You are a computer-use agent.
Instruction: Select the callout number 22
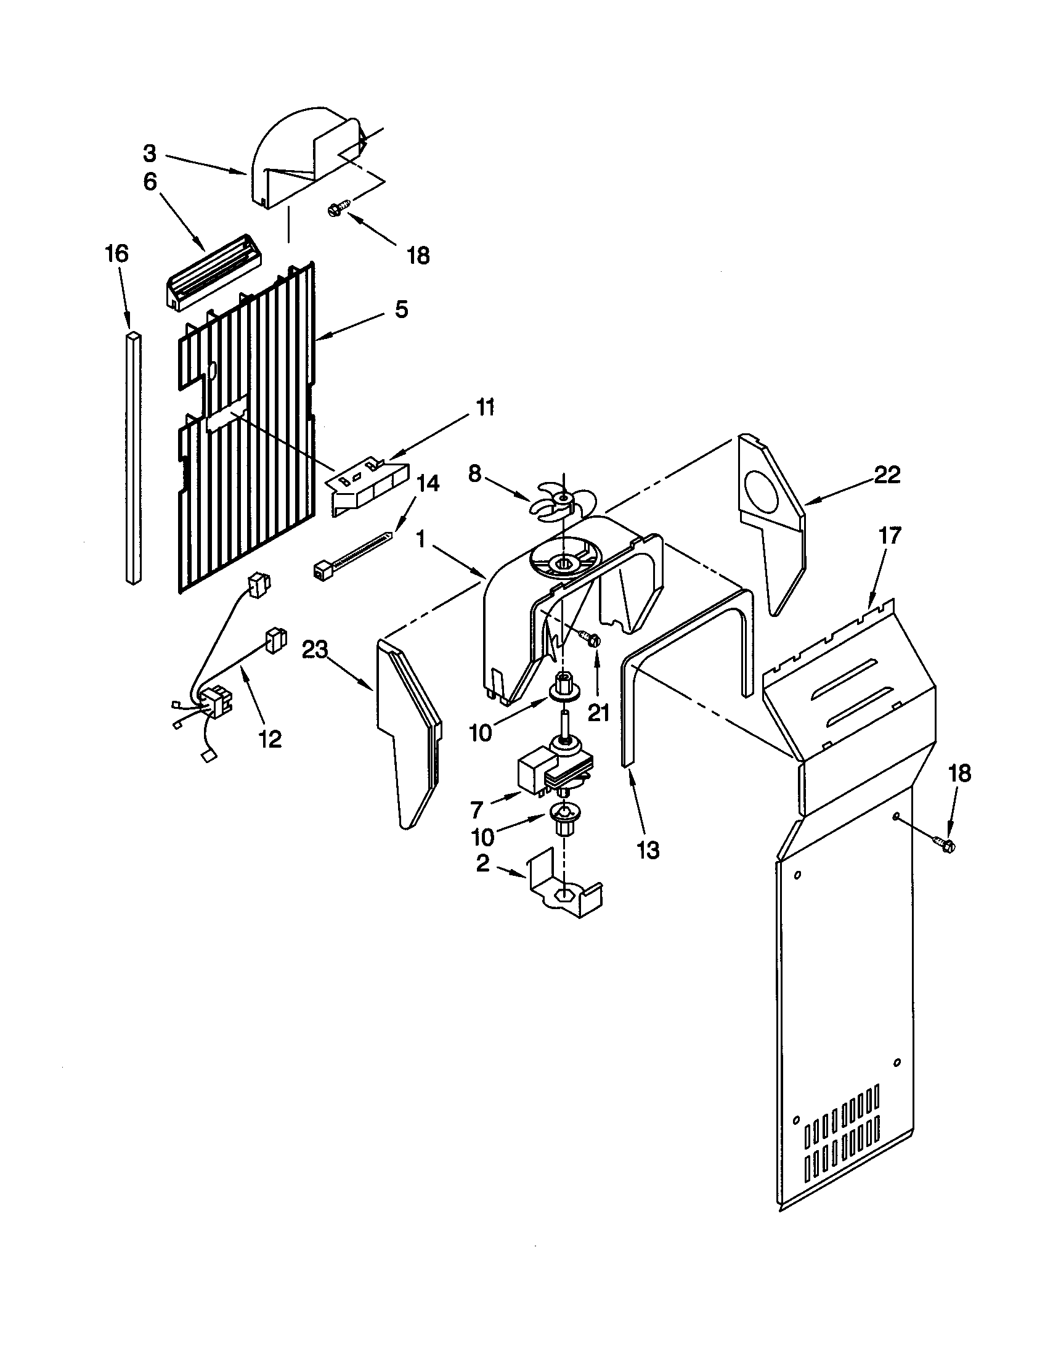tap(887, 475)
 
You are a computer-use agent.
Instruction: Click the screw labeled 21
tap(591, 638)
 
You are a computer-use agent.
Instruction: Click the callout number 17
tap(889, 535)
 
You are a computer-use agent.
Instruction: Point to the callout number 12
tap(269, 738)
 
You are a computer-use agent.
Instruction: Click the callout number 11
tap(486, 408)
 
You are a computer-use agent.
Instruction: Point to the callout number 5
tap(402, 309)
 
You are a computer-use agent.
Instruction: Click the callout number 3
tap(150, 153)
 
